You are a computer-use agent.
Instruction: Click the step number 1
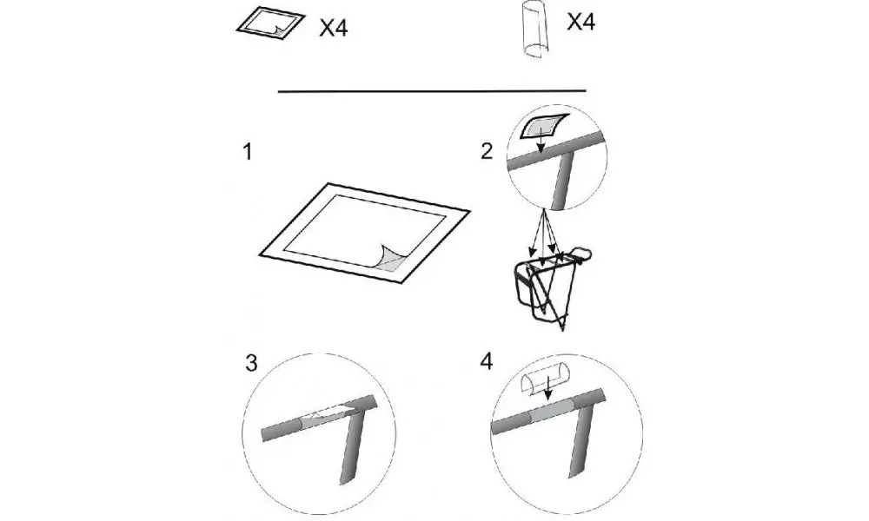248,152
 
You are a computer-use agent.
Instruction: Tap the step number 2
487,151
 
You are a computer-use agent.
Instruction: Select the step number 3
251,363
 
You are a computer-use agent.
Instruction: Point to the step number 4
486,361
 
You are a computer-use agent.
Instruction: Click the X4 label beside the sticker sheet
334,28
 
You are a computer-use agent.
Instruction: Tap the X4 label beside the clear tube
580,22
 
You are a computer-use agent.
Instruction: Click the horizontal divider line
432,91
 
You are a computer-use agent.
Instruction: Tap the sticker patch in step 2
544,127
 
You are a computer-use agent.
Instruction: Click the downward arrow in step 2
541,138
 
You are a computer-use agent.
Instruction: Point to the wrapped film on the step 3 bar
325,416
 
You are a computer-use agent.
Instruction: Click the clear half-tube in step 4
547,383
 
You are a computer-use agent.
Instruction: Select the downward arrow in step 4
547,388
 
